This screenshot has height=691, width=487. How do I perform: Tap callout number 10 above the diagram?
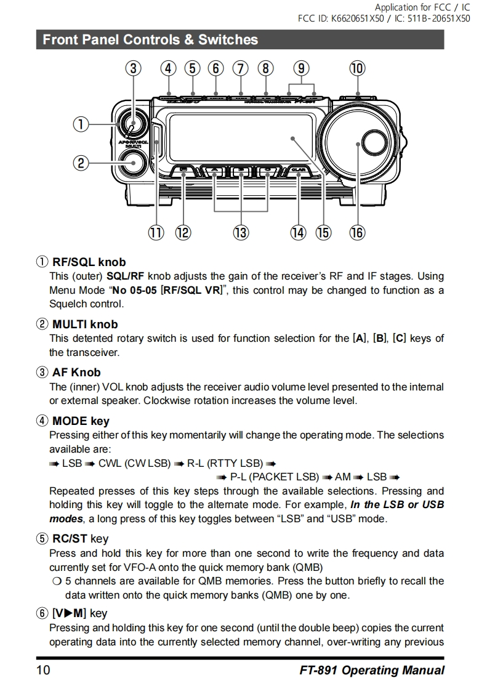(x=357, y=68)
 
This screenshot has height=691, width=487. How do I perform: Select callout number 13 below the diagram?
(x=240, y=232)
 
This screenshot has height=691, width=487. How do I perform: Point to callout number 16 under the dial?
(x=357, y=232)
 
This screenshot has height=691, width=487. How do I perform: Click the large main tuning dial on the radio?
(x=357, y=143)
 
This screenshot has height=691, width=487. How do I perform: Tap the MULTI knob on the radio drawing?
(x=132, y=163)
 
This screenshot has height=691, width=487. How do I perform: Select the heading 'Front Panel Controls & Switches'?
(x=150, y=40)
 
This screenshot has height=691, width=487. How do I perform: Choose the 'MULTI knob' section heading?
(x=84, y=324)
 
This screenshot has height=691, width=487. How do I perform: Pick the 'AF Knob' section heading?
(x=76, y=372)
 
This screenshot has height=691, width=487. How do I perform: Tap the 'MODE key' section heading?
(x=81, y=421)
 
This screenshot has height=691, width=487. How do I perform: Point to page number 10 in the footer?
(x=43, y=670)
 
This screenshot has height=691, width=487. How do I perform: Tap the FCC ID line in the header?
(x=384, y=18)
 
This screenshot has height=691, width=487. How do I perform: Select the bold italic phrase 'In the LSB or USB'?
(x=396, y=504)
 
